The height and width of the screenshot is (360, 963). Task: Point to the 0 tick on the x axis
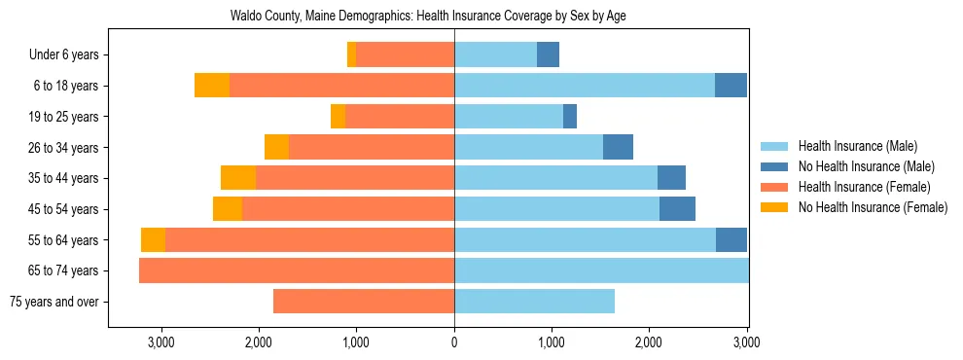[454, 342]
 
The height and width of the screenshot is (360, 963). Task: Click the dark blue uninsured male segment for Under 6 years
[549, 54]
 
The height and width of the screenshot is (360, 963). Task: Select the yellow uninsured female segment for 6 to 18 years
[212, 86]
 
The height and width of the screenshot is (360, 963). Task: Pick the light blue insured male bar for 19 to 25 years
[509, 117]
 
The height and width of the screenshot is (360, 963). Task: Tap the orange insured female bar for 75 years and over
[364, 302]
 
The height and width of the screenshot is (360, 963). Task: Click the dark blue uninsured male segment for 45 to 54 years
[677, 209]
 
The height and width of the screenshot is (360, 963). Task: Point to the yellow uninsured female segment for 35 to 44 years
[238, 178]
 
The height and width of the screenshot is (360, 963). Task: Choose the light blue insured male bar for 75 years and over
[534, 302]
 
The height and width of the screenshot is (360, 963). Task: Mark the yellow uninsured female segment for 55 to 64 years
[153, 240]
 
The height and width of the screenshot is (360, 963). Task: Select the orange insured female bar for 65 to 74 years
[297, 270]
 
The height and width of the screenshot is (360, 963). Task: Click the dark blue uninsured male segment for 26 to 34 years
[619, 147]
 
